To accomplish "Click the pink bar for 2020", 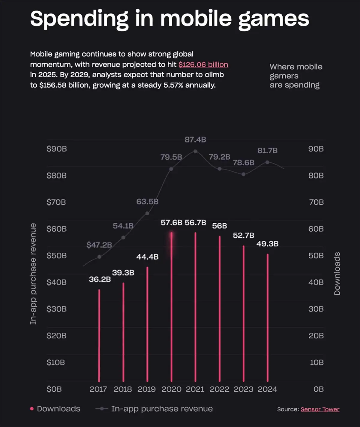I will (x=172, y=306).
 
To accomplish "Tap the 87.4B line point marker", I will (x=195, y=151).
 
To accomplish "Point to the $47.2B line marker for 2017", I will (x=99, y=257).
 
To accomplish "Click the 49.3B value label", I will (x=267, y=244).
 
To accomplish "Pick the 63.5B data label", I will (x=147, y=201).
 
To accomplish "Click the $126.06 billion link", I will (x=203, y=65).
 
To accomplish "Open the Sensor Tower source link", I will (x=320, y=409).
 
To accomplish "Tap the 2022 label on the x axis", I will (x=219, y=389).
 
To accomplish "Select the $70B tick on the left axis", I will (x=56, y=202).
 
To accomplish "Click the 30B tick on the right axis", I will (x=316, y=309).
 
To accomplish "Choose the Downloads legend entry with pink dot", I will (x=55, y=409).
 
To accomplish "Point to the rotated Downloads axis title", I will (x=337, y=273).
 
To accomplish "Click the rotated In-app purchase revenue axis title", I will (x=33, y=273).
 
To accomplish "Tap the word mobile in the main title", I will (x=196, y=19).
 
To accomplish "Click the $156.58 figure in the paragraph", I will (x=53, y=85).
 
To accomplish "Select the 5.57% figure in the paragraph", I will (x=173, y=85).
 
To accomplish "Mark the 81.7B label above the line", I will (x=267, y=150).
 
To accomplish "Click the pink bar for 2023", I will (x=244, y=313).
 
